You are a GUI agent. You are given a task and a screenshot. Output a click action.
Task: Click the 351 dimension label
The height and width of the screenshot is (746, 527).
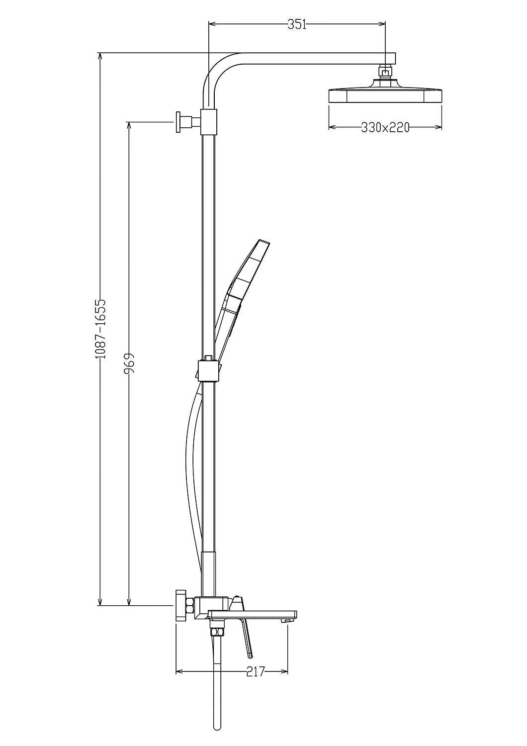click(297, 24)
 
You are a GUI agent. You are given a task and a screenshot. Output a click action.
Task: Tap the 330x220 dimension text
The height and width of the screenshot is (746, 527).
click(385, 127)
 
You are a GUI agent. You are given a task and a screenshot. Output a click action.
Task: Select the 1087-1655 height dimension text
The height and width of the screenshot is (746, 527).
click(100, 329)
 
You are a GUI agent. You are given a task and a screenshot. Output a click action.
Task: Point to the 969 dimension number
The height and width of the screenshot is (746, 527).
click(129, 364)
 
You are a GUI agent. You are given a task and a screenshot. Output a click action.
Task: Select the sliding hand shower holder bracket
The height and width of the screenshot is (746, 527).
click(209, 370)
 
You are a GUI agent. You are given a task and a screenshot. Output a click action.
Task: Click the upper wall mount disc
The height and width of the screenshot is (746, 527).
click(178, 122)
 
